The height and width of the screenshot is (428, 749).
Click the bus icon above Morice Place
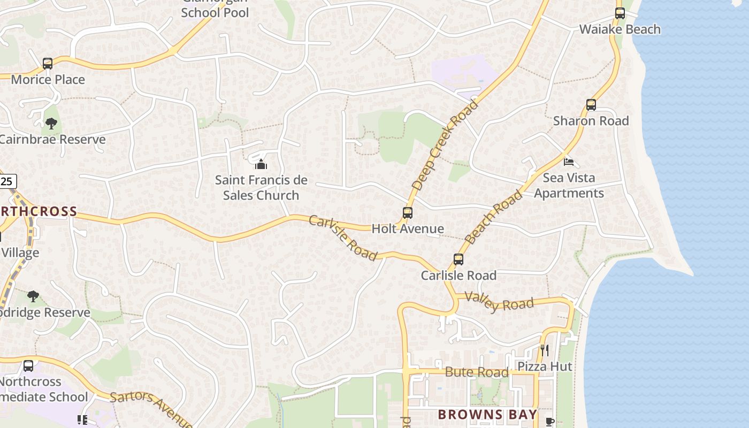click(x=48, y=64)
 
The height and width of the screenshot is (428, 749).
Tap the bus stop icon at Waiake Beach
click(x=620, y=13)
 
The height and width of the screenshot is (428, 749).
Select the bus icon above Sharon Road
click(x=591, y=105)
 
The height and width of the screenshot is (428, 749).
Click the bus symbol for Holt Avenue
click(x=408, y=213)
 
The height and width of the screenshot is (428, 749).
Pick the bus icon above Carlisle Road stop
click(x=458, y=259)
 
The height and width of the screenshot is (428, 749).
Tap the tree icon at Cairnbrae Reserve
click(x=51, y=124)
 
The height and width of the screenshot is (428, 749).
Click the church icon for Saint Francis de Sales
click(x=261, y=164)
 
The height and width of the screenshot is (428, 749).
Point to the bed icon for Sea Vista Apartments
click(x=569, y=161)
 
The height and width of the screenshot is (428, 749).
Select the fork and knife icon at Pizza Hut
click(x=545, y=350)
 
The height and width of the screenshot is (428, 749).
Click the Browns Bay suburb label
click(x=487, y=415)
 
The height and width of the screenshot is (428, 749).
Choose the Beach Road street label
click(x=493, y=217)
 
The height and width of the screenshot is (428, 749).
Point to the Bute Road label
click(x=477, y=372)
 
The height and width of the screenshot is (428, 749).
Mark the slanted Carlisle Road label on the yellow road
click(x=343, y=238)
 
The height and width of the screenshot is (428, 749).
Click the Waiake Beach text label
click(x=620, y=29)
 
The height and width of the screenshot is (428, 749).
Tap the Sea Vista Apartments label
click(x=569, y=185)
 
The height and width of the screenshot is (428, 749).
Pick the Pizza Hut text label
click(x=545, y=366)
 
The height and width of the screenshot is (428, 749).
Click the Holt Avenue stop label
click(x=408, y=229)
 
